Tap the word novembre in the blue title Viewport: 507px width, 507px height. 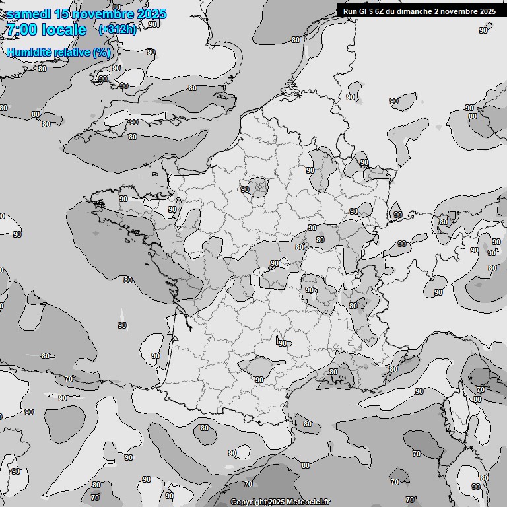coord(105,14)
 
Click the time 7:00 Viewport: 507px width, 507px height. coord(21,30)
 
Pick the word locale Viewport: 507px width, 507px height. coord(64,30)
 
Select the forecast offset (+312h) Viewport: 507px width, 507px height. coord(117,29)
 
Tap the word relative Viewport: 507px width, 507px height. coord(73,52)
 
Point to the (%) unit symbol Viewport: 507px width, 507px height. coord(102,52)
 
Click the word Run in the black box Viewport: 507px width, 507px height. coord(350,11)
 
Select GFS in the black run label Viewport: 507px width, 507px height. coord(366,11)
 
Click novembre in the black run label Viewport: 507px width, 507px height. coord(460,11)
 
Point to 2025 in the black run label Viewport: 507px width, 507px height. coord(488,11)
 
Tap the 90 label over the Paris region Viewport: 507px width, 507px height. coord(245,189)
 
